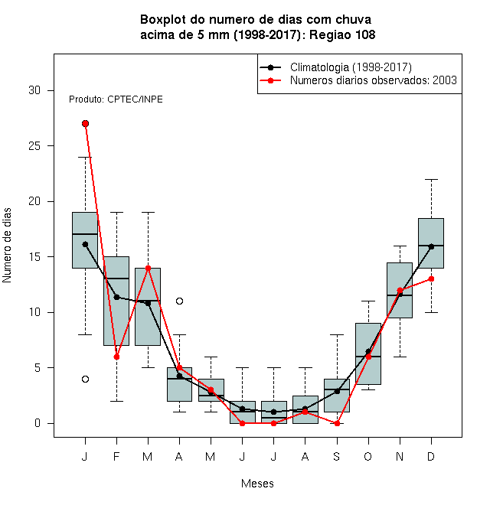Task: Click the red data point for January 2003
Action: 86,124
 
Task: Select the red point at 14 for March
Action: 148,268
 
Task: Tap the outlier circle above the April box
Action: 180,301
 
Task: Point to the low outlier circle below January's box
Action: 86,379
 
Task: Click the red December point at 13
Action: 431,279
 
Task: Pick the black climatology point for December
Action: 431,246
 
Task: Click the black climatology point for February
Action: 116,297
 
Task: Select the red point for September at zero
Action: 337,424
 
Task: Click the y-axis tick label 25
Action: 34,146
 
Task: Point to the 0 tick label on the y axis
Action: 38,423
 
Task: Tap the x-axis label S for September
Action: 337,456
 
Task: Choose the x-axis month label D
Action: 431,456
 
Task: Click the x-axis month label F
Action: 116,456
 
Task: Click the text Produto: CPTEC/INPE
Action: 116,99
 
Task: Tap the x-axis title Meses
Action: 257,484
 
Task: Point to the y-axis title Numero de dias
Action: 7,246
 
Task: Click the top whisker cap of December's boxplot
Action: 431,179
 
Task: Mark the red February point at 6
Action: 116,357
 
